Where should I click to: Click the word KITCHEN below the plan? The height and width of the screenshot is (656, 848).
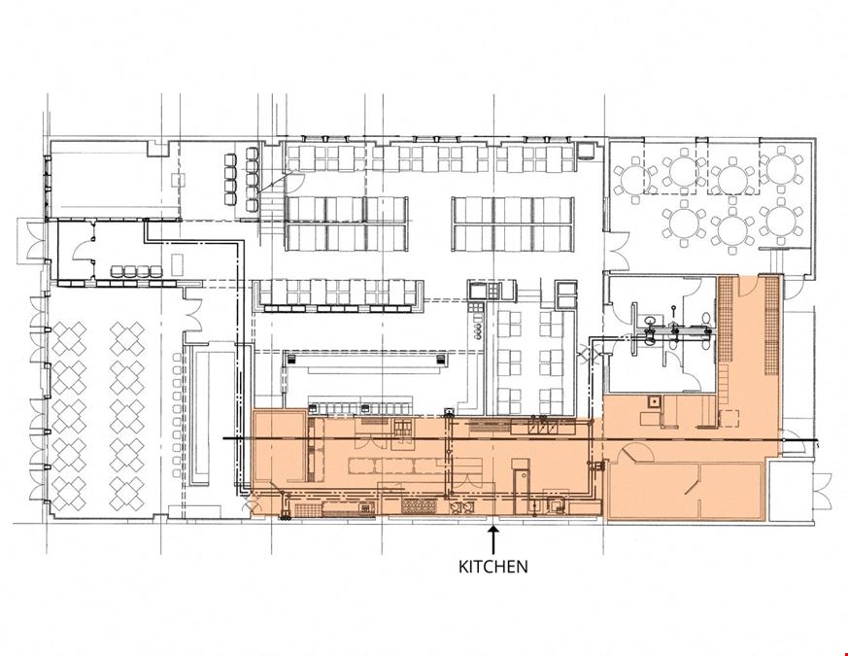point(493,567)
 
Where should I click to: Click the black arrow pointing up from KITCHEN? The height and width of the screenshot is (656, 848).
point(492,540)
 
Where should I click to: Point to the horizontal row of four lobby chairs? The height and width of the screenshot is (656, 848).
point(137,272)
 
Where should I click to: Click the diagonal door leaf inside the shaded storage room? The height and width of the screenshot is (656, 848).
point(694,483)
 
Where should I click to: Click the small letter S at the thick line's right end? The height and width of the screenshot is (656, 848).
point(818,445)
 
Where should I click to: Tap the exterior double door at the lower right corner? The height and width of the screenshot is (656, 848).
point(822,491)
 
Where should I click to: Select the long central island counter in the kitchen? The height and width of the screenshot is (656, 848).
point(415,466)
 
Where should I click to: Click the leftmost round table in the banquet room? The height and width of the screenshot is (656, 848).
point(632,179)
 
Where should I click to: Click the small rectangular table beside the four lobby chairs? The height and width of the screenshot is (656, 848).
point(178,264)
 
